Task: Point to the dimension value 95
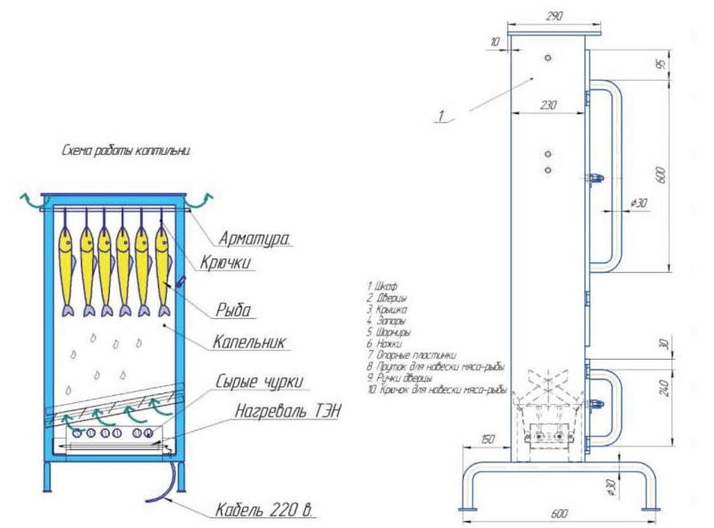click(x=662, y=65)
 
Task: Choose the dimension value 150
click(x=486, y=440)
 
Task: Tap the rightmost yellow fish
click(x=162, y=264)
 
